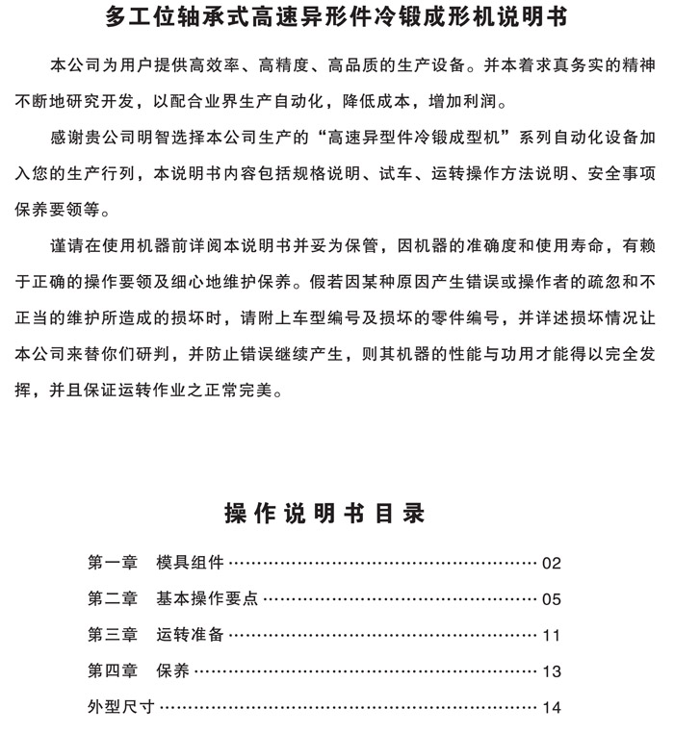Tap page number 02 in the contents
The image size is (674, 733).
pyautogui.click(x=551, y=564)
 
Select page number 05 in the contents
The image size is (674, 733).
pyautogui.click(x=551, y=599)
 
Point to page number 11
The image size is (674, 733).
pyautogui.click(x=551, y=635)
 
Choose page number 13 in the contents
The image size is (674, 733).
pyautogui.click(x=551, y=671)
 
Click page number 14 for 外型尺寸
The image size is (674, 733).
pyautogui.click(x=551, y=707)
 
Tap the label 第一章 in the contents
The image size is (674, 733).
pyautogui.click(x=113, y=564)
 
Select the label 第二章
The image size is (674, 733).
pyautogui.click(x=113, y=599)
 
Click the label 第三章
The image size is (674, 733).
pyautogui.click(x=113, y=635)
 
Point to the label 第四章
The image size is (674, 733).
pyautogui.click(x=113, y=671)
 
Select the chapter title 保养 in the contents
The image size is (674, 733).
pyautogui.click(x=173, y=671)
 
